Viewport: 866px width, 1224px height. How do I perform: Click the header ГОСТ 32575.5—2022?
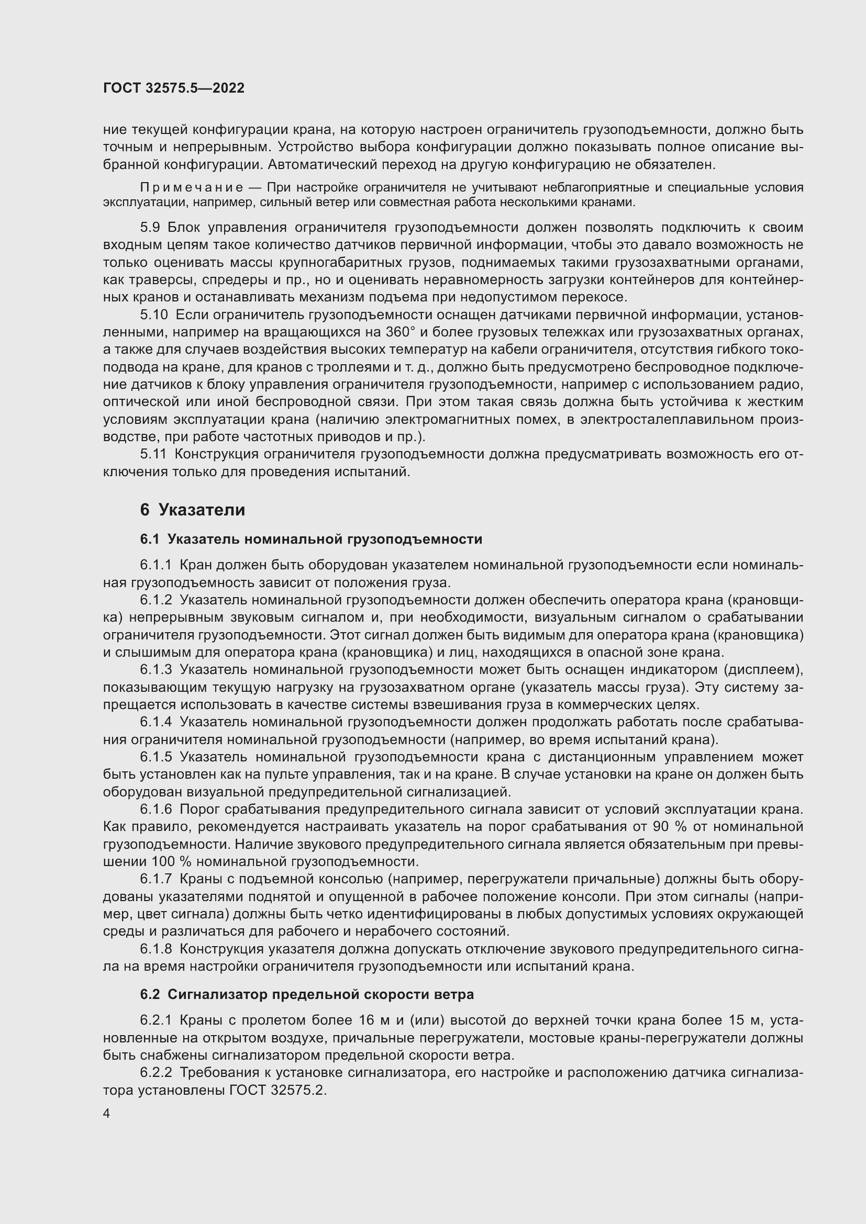pyautogui.click(x=174, y=88)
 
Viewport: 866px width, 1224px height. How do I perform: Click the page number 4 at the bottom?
pyautogui.click(x=107, y=1114)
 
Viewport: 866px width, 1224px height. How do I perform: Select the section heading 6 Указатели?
pyautogui.click(x=193, y=510)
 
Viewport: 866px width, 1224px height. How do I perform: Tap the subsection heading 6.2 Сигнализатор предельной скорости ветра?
pyautogui.click(x=307, y=994)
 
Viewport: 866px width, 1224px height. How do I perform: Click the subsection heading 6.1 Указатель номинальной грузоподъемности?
pyautogui.click(x=311, y=540)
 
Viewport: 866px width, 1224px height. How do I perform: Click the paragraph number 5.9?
pyautogui.click(x=150, y=228)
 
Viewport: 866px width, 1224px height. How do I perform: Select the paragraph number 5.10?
pyautogui.click(x=153, y=315)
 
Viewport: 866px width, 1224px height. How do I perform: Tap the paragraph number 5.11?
pyautogui.click(x=153, y=454)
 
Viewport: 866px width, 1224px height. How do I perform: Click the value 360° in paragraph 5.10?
pyautogui.click(x=399, y=333)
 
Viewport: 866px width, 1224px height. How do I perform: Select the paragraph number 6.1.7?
pyautogui.click(x=156, y=879)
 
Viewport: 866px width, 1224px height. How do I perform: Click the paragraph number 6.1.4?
pyautogui.click(x=156, y=722)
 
